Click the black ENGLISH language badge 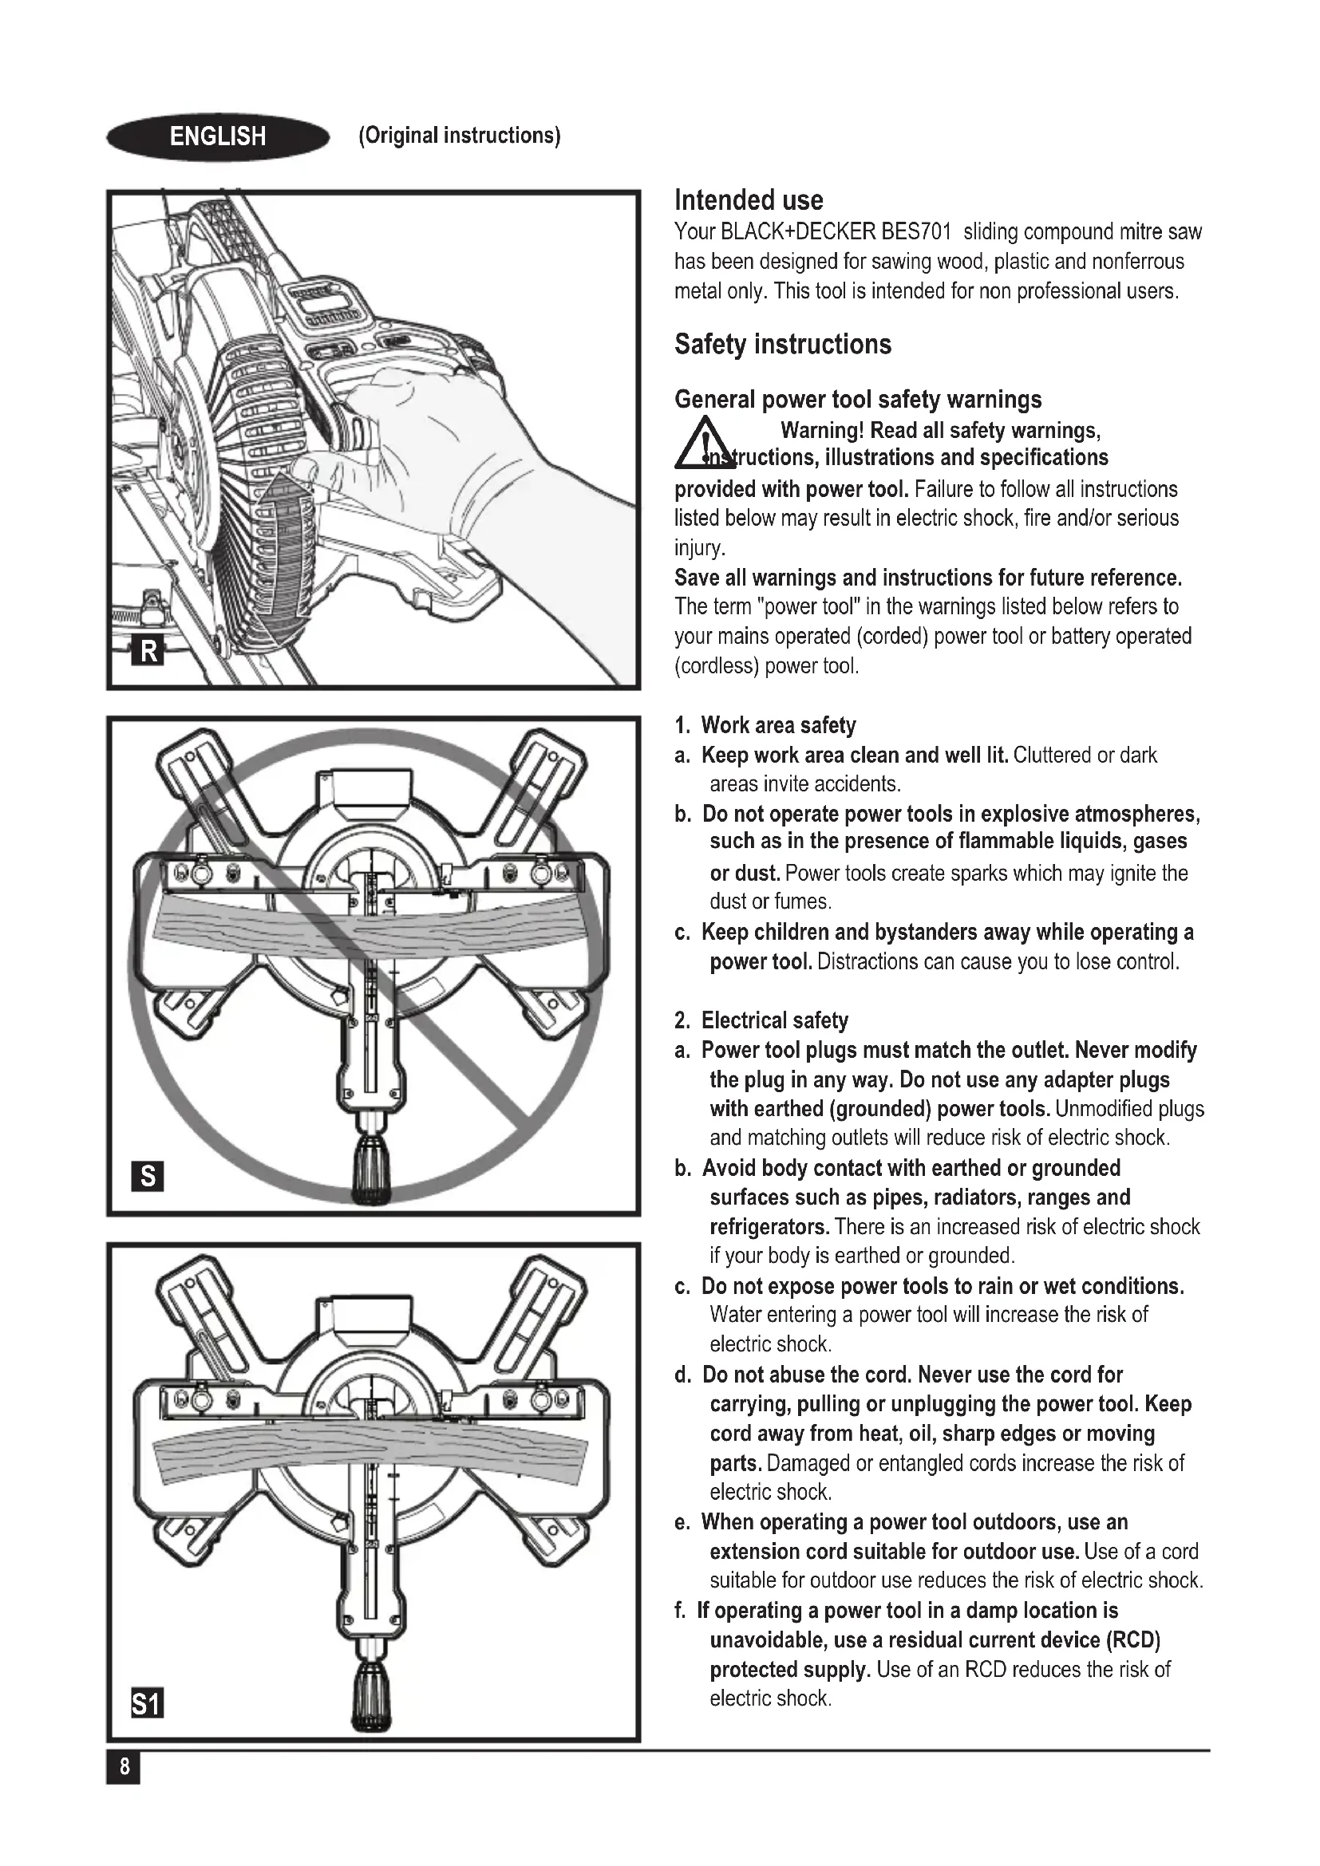pyautogui.click(x=218, y=136)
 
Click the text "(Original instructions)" pyautogui.click(x=459, y=136)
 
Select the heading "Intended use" pyautogui.click(x=749, y=200)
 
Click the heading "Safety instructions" pyautogui.click(x=783, y=345)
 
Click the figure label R pyautogui.click(x=148, y=651)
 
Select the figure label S pyautogui.click(x=147, y=1177)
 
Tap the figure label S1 pyautogui.click(x=147, y=1703)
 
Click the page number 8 pyautogui.click(x=124, y=1767)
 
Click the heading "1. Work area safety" pyautogui.click(x=765, y=725)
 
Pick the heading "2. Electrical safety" pyautogui.click(x=761, y=1020)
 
